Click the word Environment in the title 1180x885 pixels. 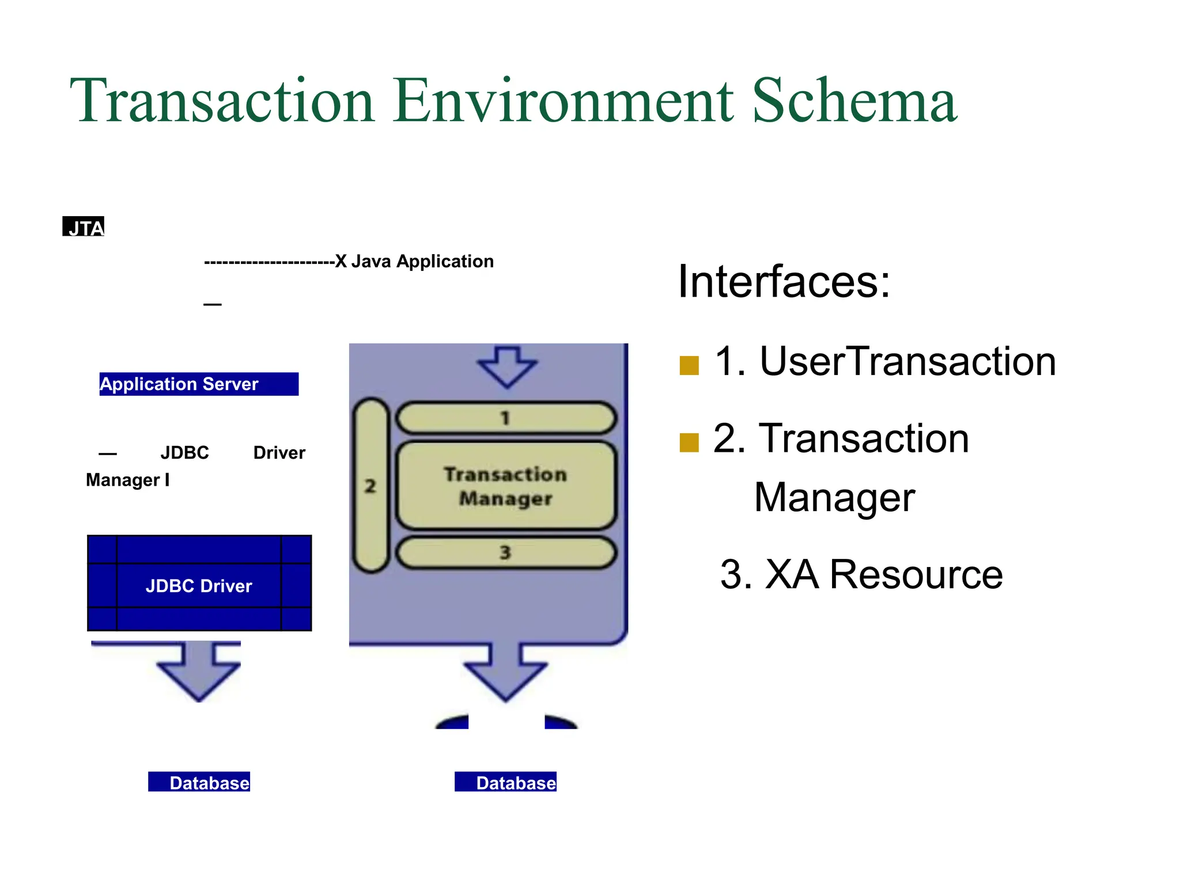[563, 101]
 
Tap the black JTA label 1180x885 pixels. [84, 227]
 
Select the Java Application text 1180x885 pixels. [422, 262]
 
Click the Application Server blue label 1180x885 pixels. [198, 384]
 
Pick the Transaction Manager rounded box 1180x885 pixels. [506, 486]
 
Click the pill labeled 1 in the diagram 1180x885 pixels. [506, 418]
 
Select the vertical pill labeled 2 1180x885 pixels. [370, 485]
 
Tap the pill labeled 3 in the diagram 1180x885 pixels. [506, 553]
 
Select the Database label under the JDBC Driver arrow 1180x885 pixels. [199, 782]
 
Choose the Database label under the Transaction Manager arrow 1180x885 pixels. [506, 782]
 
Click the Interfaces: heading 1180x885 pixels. [784, 282]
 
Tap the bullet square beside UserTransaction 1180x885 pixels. [689, 365]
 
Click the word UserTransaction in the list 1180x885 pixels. [907, 362]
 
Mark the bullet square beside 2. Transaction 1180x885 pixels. [689, 442]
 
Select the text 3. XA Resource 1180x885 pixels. [861, 574]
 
